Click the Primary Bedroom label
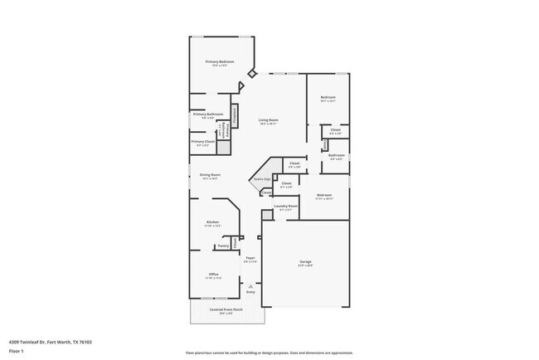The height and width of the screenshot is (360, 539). pyautogui.click(x=220, y=61)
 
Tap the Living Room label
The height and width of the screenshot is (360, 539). pyautogui.click(x=267, y=120)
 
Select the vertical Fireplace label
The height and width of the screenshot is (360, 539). pyautogui.click(x=235, y=116)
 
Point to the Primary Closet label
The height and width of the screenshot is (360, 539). pyautogui.click(x=203, y=142)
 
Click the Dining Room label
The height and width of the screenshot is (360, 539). pyautogui.click(x=210, y=174)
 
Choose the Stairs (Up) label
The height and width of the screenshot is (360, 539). pyautogui.click(x=261, y=178)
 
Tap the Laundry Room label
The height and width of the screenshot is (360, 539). pyautogui.click(x=286, y=206)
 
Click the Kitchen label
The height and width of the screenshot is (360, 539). pyautogui.click(x=212, y=221)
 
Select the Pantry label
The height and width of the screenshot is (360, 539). pyautogui.click(x=222, y=246)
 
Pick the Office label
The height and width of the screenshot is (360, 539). pyautogui.click(x=213, y=274)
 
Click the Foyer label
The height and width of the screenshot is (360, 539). pyautogui.click(x=250, y=258)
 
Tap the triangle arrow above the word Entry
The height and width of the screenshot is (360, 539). pyautogui.click(x=250, y=286)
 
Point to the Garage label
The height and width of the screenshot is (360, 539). pyautogui.click(x=305, y=262)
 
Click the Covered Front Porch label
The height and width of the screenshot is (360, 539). pyautogui.click(x=226, y=309)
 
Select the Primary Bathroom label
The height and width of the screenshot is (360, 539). pyautogui.click(x=208, y=114)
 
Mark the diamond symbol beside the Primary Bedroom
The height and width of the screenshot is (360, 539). pyautogui.click(x=253, y=73)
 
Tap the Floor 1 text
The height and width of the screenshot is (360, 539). pyautogui.click(x=17, y=351)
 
